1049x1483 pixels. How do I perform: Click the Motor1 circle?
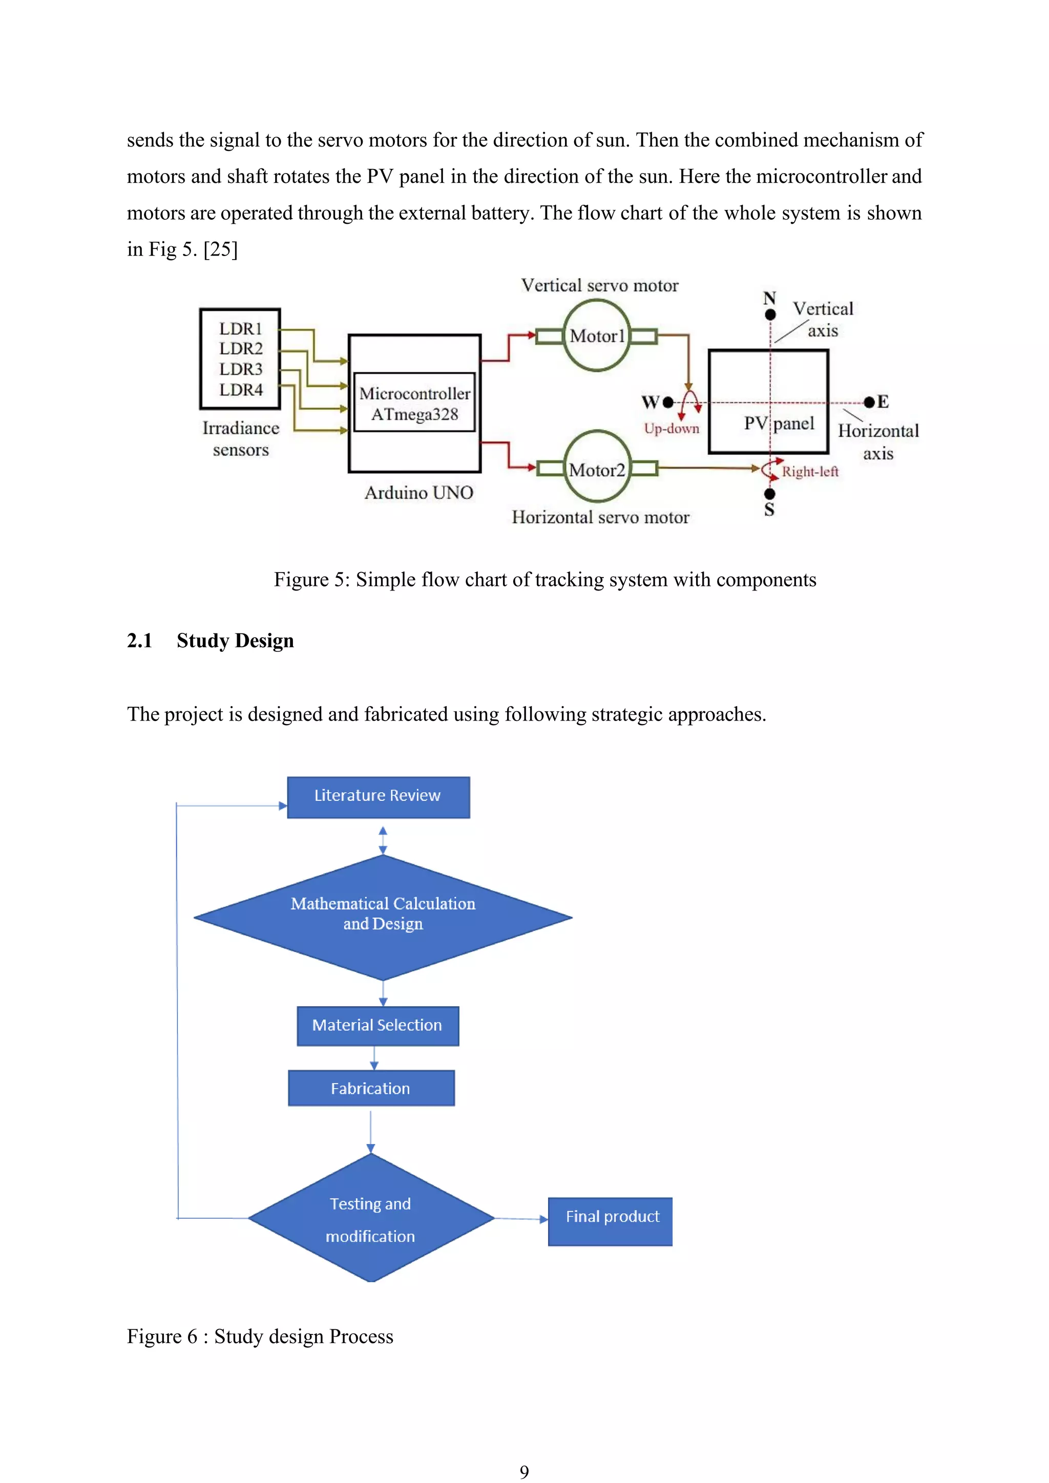[x=596, y=336]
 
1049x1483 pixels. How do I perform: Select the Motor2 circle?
[x=596, y=467]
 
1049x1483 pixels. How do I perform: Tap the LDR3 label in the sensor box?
[x=240, y=369]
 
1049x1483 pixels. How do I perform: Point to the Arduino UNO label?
[x=418, y=493]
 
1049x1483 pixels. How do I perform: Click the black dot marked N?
[x=770, y=314]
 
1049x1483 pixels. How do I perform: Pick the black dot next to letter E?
[x=869, y=402]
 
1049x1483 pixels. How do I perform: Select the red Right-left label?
[x=809, y=472]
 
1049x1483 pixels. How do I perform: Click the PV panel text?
[x=779, y=423]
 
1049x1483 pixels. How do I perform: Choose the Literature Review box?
[x=378, y=796]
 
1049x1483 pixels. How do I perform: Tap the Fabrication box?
[x=371, y=1088]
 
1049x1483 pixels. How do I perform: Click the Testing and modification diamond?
[x=371, y=1218]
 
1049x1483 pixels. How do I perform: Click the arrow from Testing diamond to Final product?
[x=520, y=1219]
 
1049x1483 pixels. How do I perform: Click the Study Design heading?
[x=235, y=641]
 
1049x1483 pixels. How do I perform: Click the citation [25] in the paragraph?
[x=220, y=249]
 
